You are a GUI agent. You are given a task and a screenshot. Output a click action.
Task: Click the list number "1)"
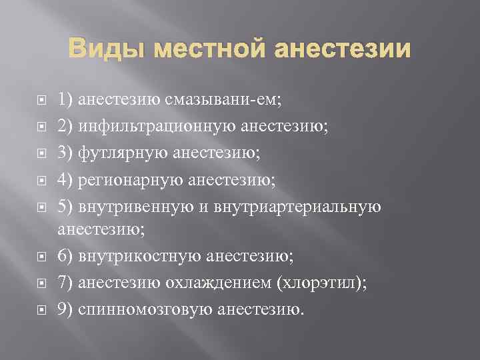click(65, 101)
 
